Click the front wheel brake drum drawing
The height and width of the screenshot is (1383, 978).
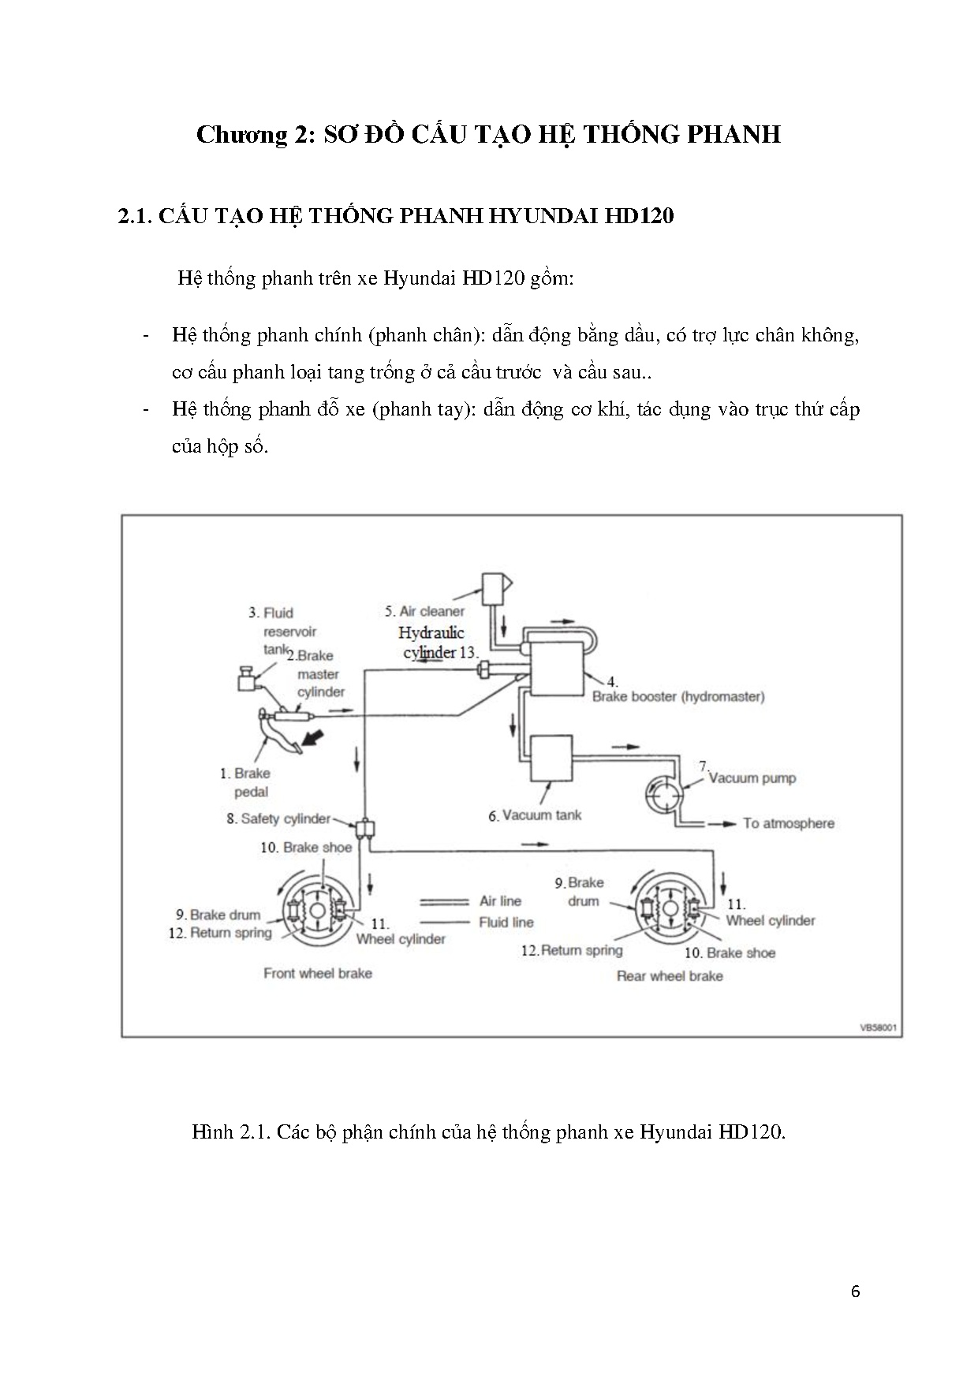pyautogui.click(x=317, y=910)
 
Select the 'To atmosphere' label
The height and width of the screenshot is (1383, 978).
pyautogui.click(x=788, y=823)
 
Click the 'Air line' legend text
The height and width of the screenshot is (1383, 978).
pyautogui.click(x=500, y=900)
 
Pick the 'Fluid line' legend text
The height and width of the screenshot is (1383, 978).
pyautogui.click(x=506, y=922)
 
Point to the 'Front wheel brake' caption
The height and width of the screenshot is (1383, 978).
pyautogui.click(x=317, y=973)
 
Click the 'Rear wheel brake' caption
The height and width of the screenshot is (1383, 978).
pyautogui.click(x=670, y=976)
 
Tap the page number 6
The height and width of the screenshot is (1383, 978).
pyautogui.click(x=856, y=1292)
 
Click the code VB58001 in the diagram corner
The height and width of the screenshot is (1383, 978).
pyautogui.click(x=879, y=1028)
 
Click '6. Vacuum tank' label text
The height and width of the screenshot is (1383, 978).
pyautogui.click(x=534, y=815)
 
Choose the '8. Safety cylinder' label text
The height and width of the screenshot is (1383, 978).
pyautogui.click(x=278, y=818)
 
